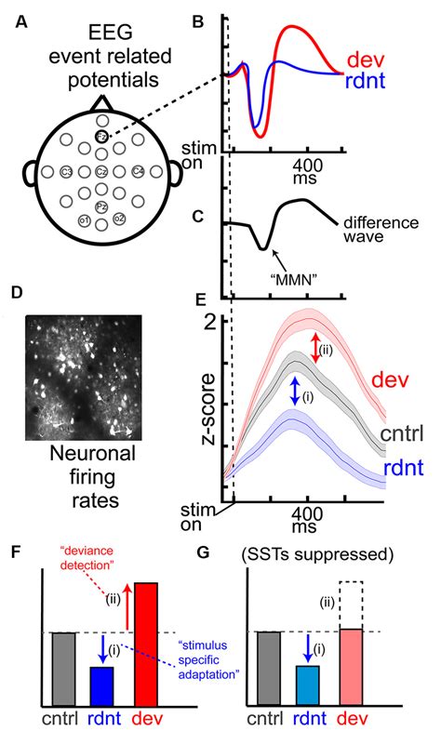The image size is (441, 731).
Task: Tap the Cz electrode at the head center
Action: pos(103,172)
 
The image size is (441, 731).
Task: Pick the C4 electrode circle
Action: pos(139,172)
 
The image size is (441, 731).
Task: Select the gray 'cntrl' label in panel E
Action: pos(403,434)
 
